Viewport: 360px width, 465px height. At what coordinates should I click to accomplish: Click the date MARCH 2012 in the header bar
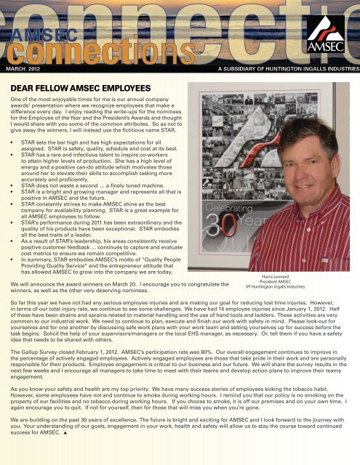click(23, 70)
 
